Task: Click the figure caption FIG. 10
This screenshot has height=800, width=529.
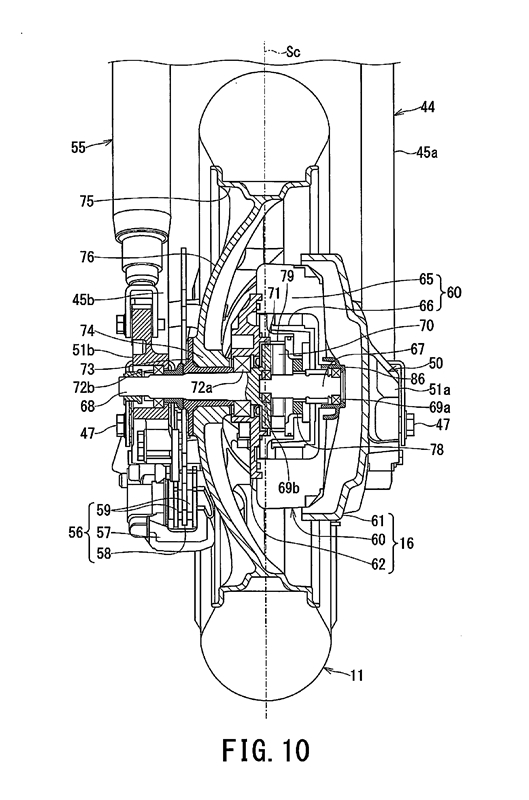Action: pyautogui.click(x=265, y=751)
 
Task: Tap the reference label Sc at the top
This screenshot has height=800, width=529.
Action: pyautogui.click(x=292, y=52)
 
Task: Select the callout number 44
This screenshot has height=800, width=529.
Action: pyautogui.click(x=427, y=107)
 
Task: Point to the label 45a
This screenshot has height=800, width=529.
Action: pyautogui.click(x=427, y=152)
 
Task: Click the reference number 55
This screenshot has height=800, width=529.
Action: pyautogui.click(x=78, y=148)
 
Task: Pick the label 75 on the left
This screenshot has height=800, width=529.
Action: pyautogui.click(x=87, y=201)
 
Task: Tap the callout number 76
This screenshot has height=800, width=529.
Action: pyautogui.click(x=87, y=257)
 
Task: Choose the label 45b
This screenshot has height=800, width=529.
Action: pyautogui.click(x=84, y=298)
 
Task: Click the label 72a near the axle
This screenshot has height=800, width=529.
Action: pyautogui.click(x=202, y=388)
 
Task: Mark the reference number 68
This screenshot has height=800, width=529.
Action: pyautogui.click(x=87, y=406)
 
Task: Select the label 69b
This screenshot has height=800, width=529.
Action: pyautogui.click(x=288, y=488)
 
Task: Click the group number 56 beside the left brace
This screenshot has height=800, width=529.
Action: pyautogui.click(x=76, y=532)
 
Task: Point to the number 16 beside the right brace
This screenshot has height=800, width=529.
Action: pyautogui.click(x=407, y=543)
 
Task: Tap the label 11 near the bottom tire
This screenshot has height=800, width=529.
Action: pyautogui.click(x=357, y=676)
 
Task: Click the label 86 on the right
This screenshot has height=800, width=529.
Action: pyautogui.click(x=417, y=378)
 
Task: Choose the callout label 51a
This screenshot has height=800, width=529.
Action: pyautogui.click(x=439, y=390)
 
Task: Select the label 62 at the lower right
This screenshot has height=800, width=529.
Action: pyautogui.click(x=378, y=564)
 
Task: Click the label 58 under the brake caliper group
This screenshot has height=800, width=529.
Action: pyautogui.click(x=104, y=553)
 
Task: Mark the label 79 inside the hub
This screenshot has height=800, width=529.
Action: pyautogui.click(x=287, y=276)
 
